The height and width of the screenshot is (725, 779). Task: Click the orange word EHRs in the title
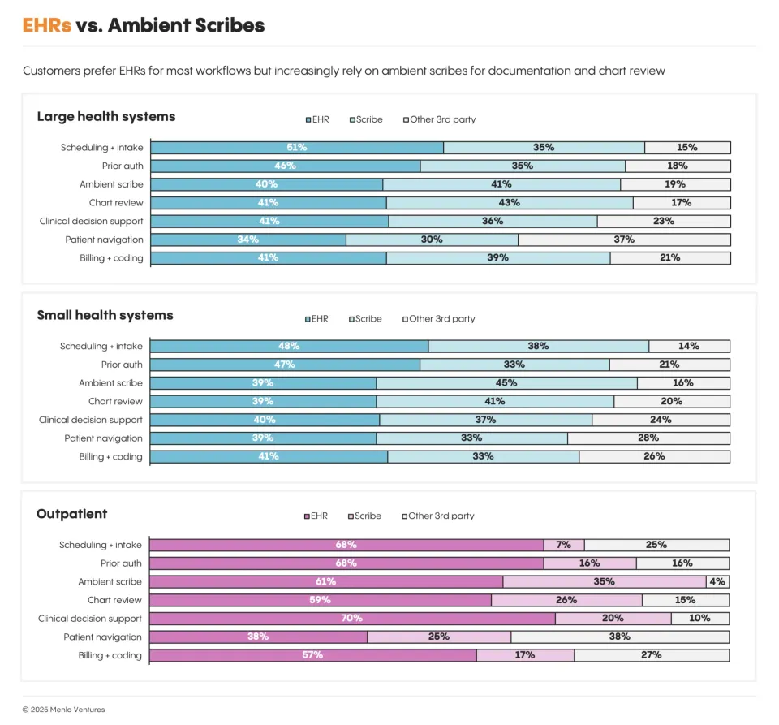[x=47, y=25]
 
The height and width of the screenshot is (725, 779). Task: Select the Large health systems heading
[x=105, y=117]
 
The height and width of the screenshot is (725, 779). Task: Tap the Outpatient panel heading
[x=71, y=514]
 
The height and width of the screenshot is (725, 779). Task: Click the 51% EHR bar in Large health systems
[x=297, y=148]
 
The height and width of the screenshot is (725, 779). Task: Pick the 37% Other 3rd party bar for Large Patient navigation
[x=624, y=240]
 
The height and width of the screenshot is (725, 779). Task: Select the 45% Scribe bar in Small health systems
[x=506, y=383]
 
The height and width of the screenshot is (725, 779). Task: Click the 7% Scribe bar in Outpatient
[x=564, y=545]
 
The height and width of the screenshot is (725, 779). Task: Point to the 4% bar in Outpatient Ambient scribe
[x=717, y=582]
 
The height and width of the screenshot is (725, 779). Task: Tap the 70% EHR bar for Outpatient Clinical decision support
[x=352, y=619]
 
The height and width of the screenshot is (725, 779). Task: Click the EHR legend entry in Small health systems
[x=317, y=319]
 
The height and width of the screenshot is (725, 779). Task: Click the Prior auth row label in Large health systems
[x=122, y=166]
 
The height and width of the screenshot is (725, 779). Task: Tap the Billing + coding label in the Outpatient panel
[x=110, y=655]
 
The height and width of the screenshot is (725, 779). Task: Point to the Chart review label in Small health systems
[x=115, y=402]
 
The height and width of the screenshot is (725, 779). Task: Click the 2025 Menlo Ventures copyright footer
[x=63, y=710]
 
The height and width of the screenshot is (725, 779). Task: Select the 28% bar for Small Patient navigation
[x=648, y=438]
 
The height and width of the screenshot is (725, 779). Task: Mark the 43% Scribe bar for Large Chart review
[x=510, y=203]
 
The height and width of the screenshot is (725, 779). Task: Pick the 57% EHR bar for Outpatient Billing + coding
[x=313, y=655]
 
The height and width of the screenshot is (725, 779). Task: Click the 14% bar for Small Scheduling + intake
[x=689, y=347]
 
